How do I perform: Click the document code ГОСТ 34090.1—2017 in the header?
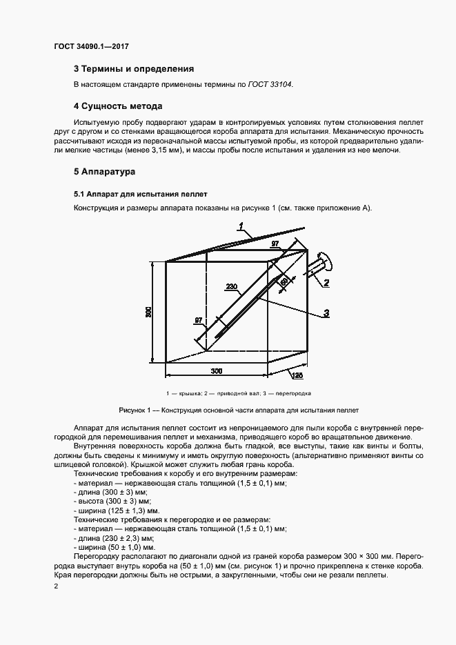(x=91, y=46)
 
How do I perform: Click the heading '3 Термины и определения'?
(x=134, y=69)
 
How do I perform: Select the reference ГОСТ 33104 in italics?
(x=270, y=84)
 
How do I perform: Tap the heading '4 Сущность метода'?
(x=118, y=106)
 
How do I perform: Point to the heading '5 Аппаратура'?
(x=105, y=170)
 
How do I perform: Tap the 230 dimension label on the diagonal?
(x=232, y=286)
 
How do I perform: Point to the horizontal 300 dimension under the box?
(x=217, y=371)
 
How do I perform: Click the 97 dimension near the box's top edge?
(x=274, y=244)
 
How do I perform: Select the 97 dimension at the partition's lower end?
(x=199, y=320)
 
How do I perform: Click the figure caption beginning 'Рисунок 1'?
(x=230, y=409)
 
